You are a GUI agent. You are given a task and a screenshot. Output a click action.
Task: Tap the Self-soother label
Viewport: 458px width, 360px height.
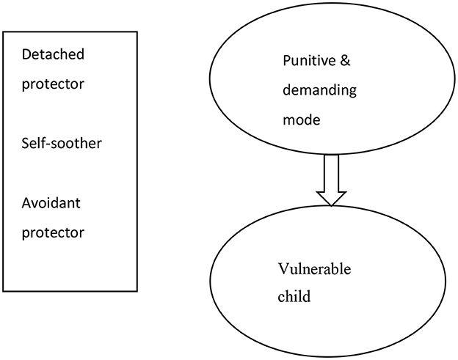coord(62,143)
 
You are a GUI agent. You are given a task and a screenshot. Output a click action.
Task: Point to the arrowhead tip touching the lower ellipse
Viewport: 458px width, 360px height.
coord(332,205)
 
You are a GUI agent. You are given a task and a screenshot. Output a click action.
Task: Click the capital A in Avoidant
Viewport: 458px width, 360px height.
coord(27,203)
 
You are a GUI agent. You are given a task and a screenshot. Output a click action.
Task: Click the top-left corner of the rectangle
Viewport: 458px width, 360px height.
coord(4,32)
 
